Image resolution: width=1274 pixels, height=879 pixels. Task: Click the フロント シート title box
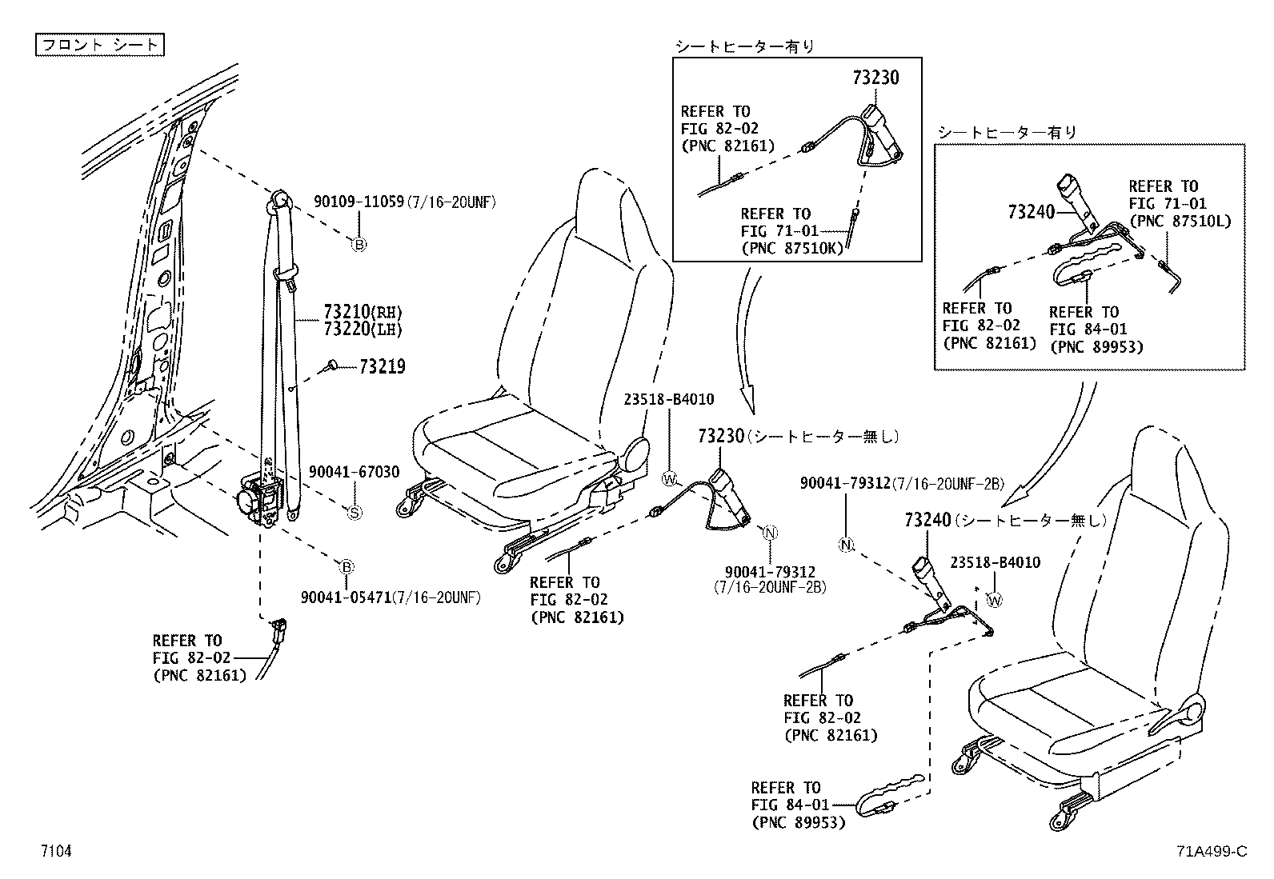[99, 45]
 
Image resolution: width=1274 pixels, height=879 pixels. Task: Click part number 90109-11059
[359, 202]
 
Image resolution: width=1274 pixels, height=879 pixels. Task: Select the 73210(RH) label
[363, 312]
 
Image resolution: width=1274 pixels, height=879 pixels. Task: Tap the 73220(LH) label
[363, 329]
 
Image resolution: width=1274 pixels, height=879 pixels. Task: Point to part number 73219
[383, 367]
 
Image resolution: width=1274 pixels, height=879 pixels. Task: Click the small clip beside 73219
[330, 366]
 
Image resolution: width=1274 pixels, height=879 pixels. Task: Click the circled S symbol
[355, 512]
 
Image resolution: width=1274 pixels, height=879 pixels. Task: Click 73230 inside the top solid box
[875, 78]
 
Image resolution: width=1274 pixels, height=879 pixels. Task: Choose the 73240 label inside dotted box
[1032, 212]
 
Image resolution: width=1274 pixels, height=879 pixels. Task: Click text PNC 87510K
[791, 249]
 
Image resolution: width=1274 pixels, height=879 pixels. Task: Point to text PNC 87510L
[1180, 221]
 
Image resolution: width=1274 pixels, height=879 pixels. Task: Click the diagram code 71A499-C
[1212, 851]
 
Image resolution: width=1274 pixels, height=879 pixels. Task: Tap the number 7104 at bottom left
[57, 851]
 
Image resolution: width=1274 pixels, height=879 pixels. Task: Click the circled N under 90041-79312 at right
[847, 545]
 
